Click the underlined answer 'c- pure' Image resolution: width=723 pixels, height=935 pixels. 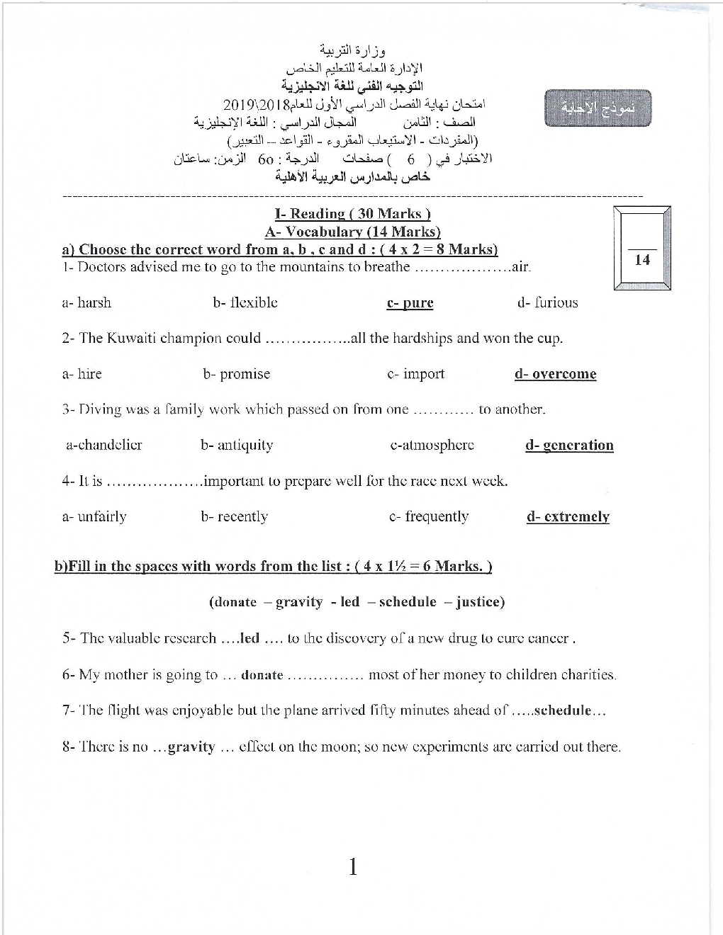pos(410,303)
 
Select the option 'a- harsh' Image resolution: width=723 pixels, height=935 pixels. pos(86,302)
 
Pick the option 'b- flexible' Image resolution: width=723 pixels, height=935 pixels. pos(245,302)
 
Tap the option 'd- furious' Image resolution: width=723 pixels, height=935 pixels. pos(547,302)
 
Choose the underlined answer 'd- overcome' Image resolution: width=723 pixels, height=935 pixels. pos(555,374)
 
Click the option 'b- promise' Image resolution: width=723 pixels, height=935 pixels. pos(236,374)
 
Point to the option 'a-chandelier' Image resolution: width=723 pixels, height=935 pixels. pos(103,445)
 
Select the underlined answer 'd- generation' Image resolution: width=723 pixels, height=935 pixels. pos(569,446)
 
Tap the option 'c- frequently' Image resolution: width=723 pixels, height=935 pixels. pos(429,516)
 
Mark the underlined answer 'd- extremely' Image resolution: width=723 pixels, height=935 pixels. pos(568,517)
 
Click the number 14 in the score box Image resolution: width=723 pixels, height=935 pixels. pos(642,260)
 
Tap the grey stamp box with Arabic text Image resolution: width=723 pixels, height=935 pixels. pos(598,108)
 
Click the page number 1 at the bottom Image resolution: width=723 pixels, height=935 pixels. pos(353,866)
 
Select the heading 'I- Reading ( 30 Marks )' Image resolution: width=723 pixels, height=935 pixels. pos(353,213)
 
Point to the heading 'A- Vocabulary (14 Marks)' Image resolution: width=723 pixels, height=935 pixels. pos(353,232)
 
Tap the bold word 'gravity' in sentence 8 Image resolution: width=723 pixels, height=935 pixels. pos(191,747)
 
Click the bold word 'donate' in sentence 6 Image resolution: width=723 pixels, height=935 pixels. pos(262,675)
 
